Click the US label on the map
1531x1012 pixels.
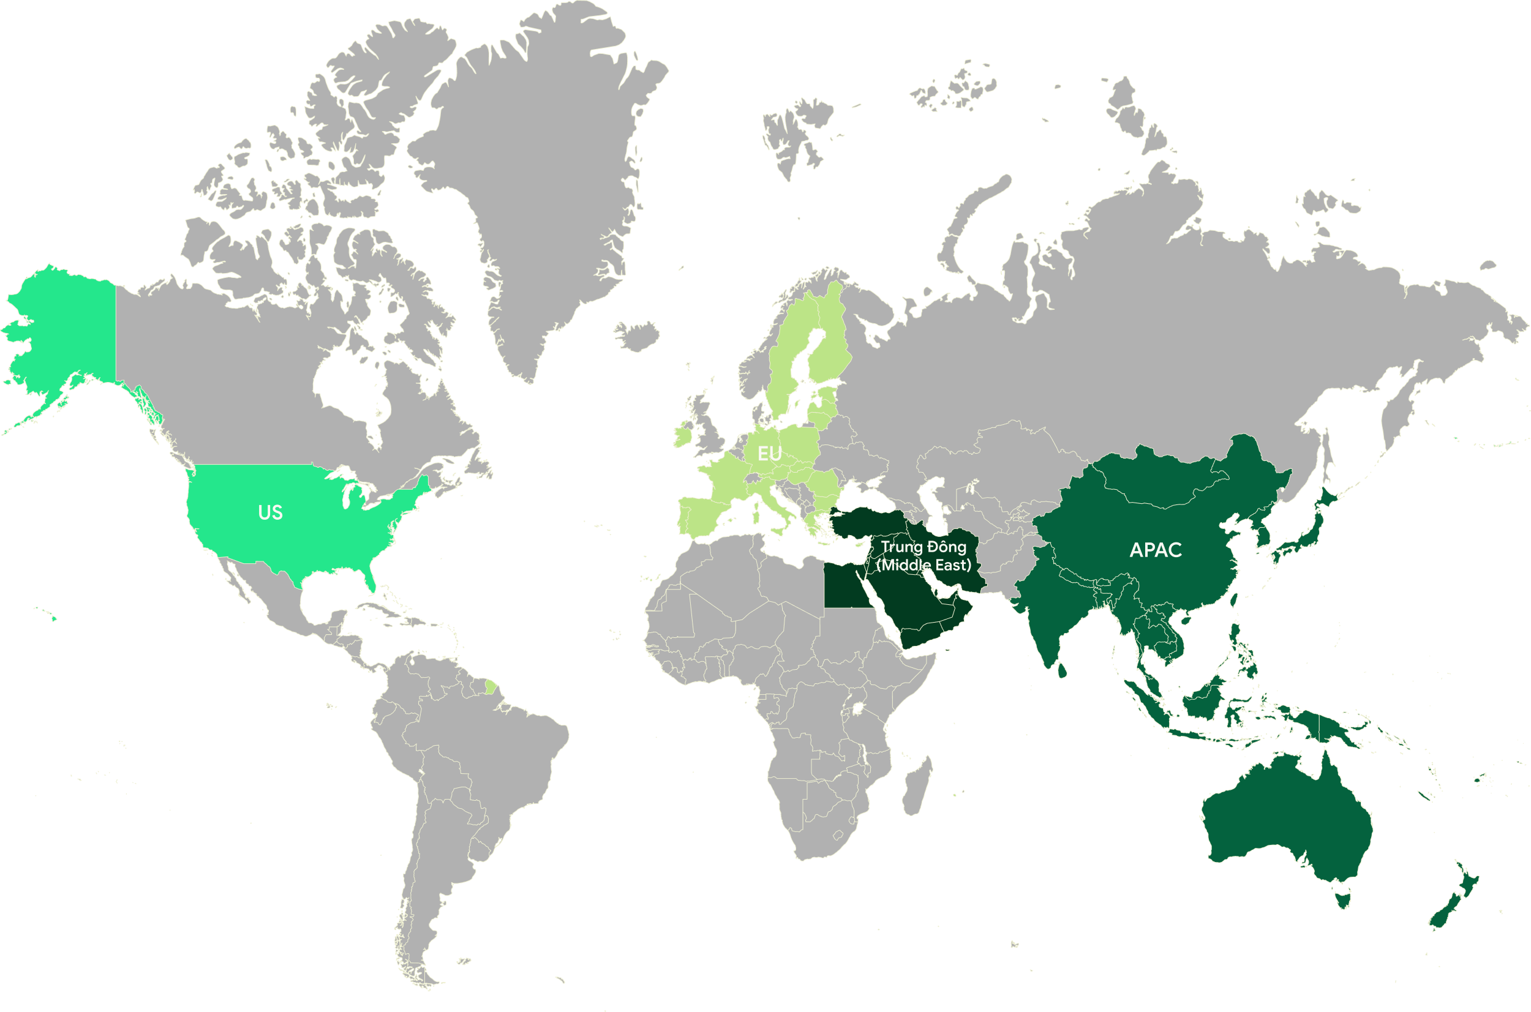[270, 512]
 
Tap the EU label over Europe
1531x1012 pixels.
[769, 454]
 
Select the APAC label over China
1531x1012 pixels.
[1156, 550]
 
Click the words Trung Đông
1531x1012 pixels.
[923, 547]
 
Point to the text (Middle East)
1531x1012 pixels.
[923, 565]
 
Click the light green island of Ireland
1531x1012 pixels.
[682, 437]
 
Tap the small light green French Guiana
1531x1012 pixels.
[491, 686]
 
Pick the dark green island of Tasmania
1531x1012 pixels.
[1343, 897]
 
